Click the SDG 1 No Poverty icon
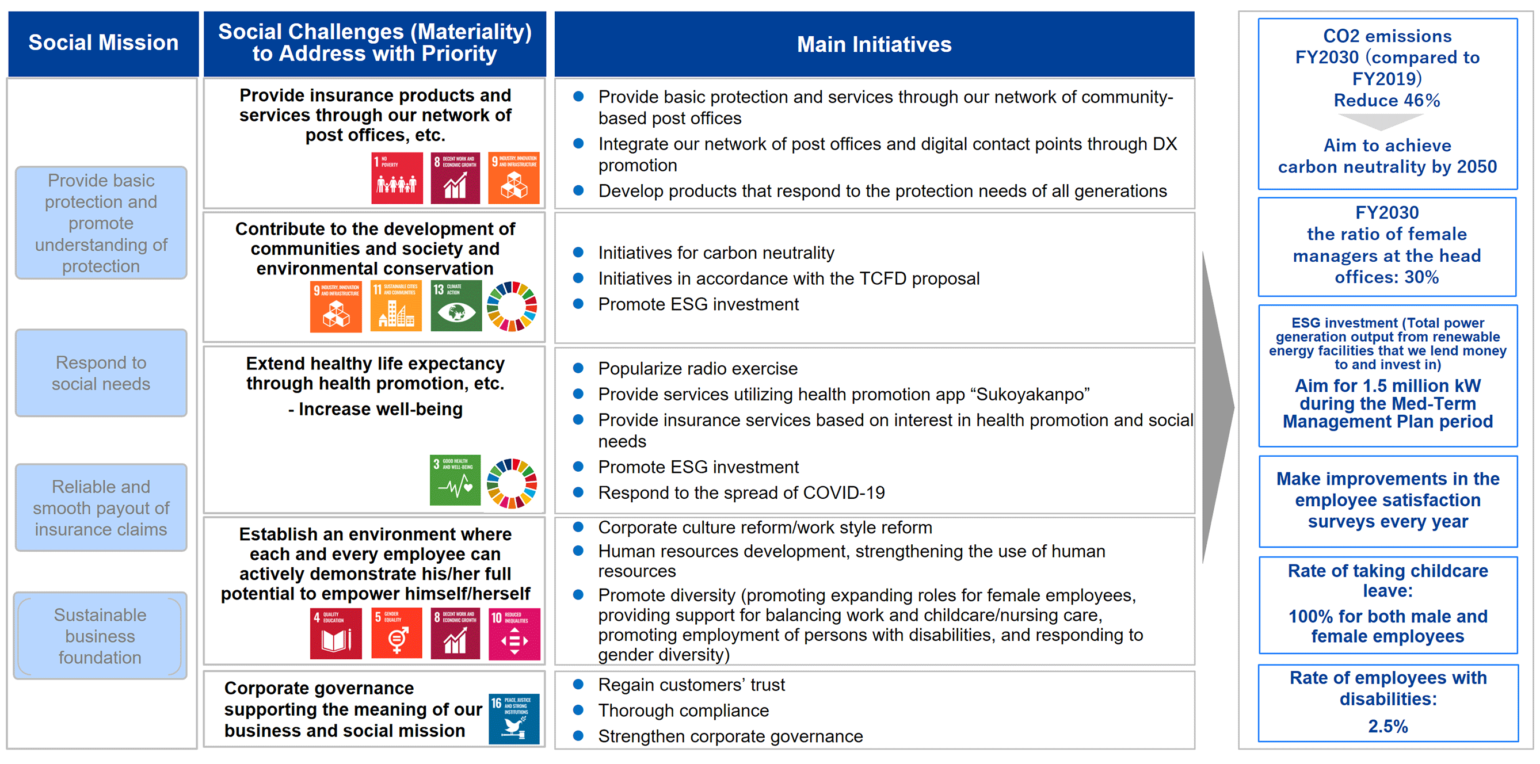click(x=397, y=178)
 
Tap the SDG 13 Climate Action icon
click(x=456, y=305)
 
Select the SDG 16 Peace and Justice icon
click(x=513, y=719)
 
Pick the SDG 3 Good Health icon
click(x=455, y=480)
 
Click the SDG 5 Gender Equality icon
click(x=397, y=633)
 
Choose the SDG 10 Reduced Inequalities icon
click(x=514, y=633)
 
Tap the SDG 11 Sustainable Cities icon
click(x=396, y=305)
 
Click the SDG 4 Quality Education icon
click(x=336, y=633)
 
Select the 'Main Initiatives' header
click(x=874, y=44)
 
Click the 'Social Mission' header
click(x=104, y=43)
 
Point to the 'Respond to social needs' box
click(x=101, y=373)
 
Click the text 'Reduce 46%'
click(x=1387, y=100)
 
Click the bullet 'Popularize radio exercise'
click(x=697, y=368)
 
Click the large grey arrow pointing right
click(x=1218, y=407)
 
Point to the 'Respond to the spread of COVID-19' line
click(x=741, y=492)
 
